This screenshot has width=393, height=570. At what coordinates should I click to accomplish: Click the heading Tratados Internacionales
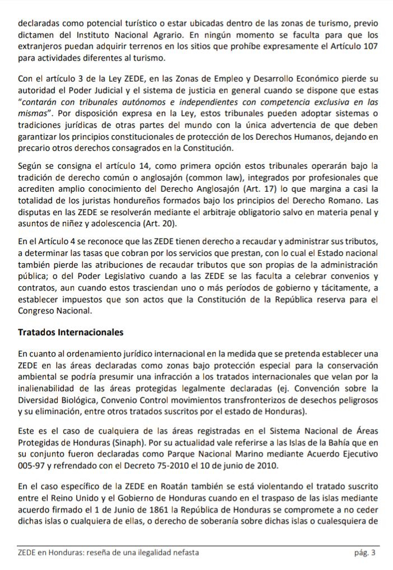71,332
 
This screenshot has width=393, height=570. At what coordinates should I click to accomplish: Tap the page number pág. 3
364,553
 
